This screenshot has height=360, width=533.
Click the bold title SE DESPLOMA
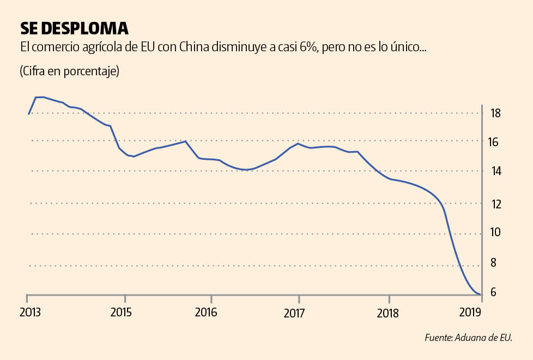click(x=74, y=28)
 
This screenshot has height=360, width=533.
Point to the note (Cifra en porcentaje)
click(x=69, y=71)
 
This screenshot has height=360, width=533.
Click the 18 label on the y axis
click(x=495, y=113)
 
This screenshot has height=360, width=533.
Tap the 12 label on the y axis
click(x=495, y=204)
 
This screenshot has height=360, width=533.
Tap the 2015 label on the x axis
click(x=121, y=313)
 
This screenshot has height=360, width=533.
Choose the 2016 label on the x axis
click(x=206, y=313)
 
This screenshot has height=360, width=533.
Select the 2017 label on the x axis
click(x=294, y=313)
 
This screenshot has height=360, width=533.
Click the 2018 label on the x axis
click(x=387, y=313)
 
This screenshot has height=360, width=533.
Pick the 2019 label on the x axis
click(x=470, y=313)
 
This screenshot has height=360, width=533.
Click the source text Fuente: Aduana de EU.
click(x=468, y=338)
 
